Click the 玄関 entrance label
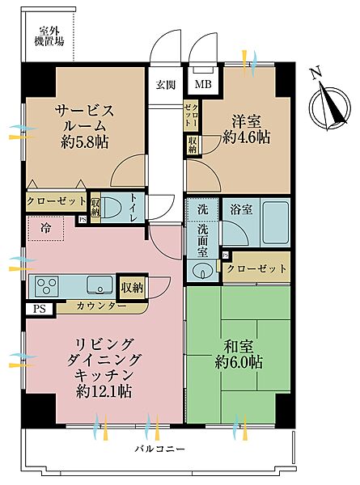(166, 84)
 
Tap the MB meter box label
(203, 84)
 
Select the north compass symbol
(329, 103)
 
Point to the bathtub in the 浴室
(276, 222)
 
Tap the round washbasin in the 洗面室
(202, 272)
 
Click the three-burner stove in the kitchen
(47, 286)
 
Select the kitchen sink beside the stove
(100, 285)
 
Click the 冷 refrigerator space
(46, 229)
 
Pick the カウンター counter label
(101, 306)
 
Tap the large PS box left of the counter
(40, 309)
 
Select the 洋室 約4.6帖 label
(247, 129)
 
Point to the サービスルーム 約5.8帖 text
(84, 126)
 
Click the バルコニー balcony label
(159, 449)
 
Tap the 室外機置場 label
(49, 36)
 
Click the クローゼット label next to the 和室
(256, 268)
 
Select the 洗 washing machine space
(203, 210)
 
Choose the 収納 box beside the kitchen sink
(133, 288)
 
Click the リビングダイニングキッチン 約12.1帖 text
(104, 368)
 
